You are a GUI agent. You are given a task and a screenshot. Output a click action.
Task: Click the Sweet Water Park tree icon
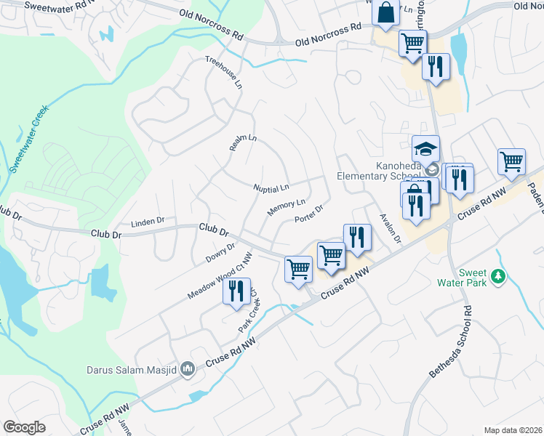coord(498,276)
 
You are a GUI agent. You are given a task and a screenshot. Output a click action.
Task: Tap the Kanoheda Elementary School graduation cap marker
coord(425,149)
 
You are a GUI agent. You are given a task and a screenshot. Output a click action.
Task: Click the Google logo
coord(24,427)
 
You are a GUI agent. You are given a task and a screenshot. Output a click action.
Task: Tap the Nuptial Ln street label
coord(271,188)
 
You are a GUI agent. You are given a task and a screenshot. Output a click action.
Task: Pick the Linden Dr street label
coord(148,221)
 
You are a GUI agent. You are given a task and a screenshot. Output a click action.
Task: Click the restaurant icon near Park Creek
coord(236,291)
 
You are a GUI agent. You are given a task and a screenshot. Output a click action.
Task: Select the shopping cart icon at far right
coord(511,161)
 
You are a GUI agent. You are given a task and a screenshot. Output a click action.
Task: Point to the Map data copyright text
coord(513,430)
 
